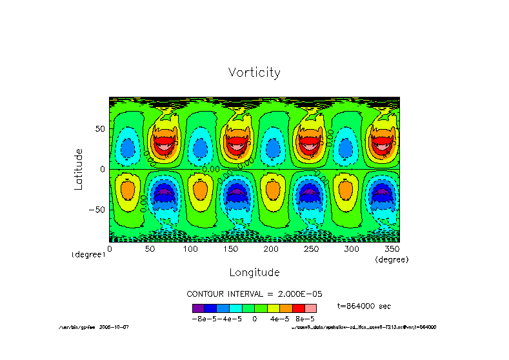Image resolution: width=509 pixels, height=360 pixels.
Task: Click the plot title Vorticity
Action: pos(254,72)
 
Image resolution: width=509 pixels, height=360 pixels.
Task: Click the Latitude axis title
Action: pos(79,168)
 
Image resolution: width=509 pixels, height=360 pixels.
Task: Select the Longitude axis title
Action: pos(254,272)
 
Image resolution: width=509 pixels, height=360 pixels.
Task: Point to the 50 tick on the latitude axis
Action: pos(100,129)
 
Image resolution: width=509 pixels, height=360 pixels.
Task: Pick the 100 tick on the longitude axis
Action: pos(190,248)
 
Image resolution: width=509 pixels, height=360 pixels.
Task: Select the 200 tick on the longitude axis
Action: pos(270,248)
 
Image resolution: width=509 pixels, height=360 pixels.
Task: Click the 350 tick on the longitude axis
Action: pos(391,248)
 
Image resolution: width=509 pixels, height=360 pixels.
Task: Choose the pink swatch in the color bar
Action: pos(310,308)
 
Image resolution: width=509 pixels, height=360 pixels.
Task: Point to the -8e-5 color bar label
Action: pos(203,319)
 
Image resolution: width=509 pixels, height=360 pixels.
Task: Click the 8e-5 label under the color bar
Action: pos(305,319)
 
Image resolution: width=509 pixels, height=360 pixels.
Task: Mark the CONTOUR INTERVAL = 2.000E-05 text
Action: pos(254,294)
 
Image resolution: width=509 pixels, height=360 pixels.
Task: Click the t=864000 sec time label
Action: pos(364,306)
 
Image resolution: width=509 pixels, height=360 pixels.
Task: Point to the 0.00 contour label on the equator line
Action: pos(211,169)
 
